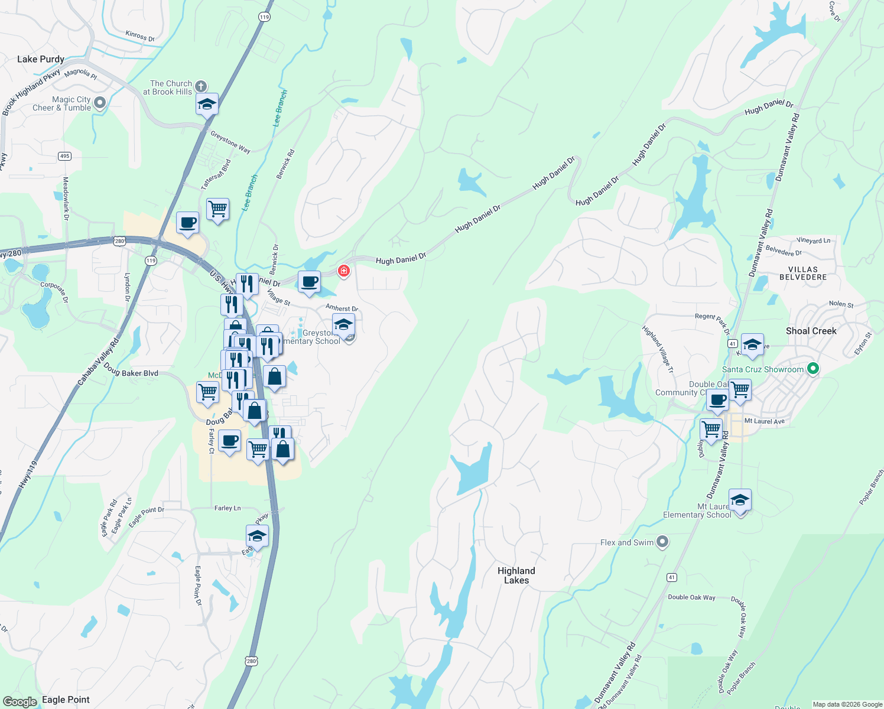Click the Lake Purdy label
coord(40,59)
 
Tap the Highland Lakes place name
coord(516,575)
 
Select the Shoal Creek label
coord(811,331)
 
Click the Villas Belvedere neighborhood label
coord(802,273)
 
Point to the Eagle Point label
coord(66,700)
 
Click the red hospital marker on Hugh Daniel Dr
coord(343,271)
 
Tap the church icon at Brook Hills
coord(201,87)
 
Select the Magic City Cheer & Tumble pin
coord(100,103)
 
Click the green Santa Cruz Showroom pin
coord(813,369)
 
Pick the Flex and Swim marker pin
coord(662,542)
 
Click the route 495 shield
coord(65,156)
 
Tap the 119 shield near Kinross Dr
coord(264,17)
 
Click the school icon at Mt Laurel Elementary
coord(740,500)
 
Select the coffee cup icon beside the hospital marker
coord(309,282)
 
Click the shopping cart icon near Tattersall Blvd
coord(217,209)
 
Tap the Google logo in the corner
coord(20,701)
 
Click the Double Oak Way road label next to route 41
coord(691,597)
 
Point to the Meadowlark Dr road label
coord(66,199)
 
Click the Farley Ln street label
coord(227,508)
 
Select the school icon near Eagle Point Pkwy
coord(257,536)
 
